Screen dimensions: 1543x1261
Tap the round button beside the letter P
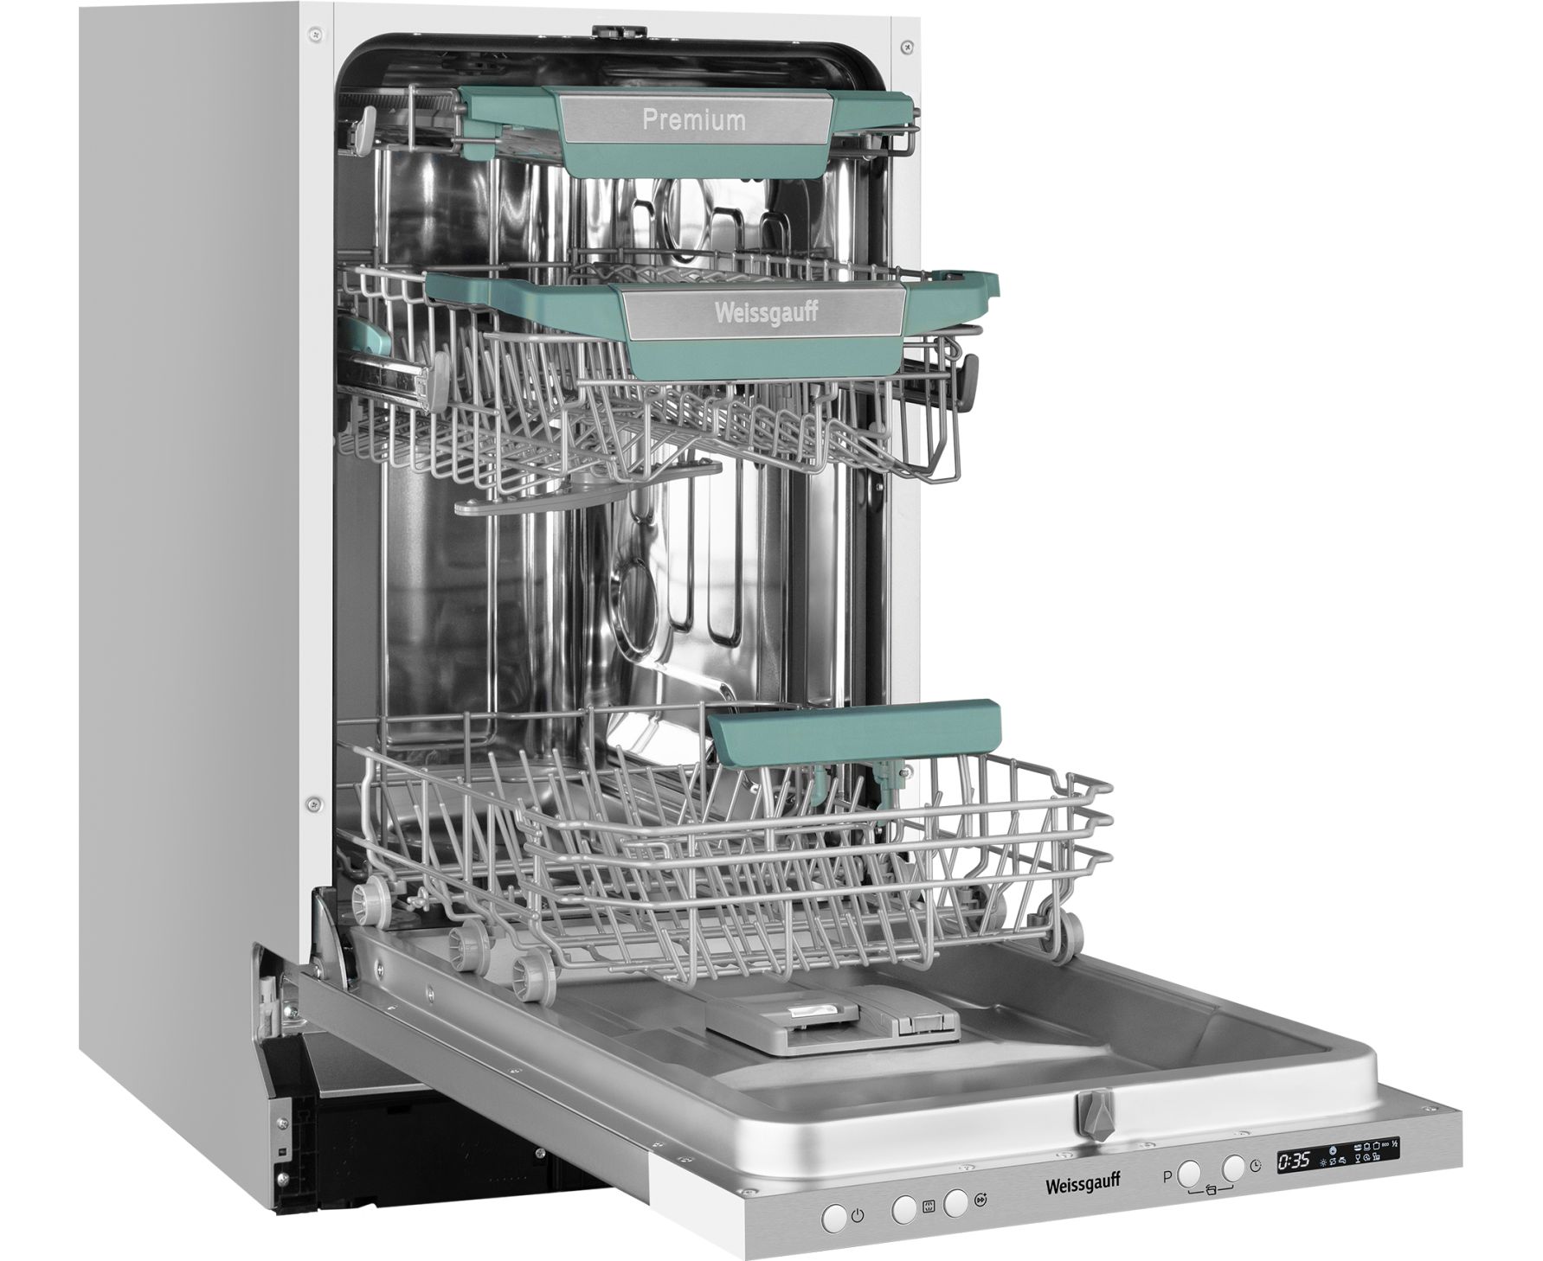pyautogui.click(x=1190, y=1173)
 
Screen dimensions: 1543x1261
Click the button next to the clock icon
pyautogui.click(x=1233, y=1168)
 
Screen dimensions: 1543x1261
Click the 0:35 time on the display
pyautogui.click(x=1295, y=1160)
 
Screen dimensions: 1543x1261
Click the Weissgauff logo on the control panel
pyautogui.click(x=1085, y=1181)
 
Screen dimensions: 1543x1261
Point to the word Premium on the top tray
pyautogui.click(x=694, y=119)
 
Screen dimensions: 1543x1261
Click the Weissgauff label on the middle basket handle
pyautogui.click(x=766, y=313)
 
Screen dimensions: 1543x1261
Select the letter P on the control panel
pyautogui.click(x=1167, y=1176)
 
